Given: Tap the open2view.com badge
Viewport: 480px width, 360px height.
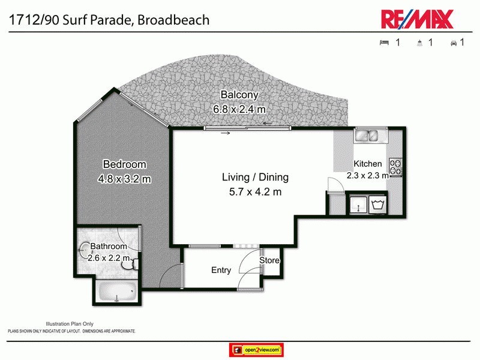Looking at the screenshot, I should point(256,349).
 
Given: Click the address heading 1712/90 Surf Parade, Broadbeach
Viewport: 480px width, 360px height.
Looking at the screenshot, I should point(108,19).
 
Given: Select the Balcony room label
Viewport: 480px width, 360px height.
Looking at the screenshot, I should point(239,95).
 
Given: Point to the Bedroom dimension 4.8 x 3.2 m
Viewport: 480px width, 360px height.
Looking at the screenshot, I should point(124,178).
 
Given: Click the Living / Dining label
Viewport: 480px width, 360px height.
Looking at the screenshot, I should point(255,178).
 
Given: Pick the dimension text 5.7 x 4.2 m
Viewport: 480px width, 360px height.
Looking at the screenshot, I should point(256,192).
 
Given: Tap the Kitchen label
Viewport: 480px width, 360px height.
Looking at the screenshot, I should point(367,164).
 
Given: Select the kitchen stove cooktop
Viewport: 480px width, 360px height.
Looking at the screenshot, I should point(395,167).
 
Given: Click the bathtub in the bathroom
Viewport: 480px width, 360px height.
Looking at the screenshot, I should point(117,293).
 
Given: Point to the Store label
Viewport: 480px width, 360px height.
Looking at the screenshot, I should point(269,260).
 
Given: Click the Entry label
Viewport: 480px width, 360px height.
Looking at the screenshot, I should point(221,270).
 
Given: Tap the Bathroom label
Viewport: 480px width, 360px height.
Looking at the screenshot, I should point(109,247).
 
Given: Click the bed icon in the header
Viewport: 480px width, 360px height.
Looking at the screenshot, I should point(384,43).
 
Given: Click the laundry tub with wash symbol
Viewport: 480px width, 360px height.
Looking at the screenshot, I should point(378,205).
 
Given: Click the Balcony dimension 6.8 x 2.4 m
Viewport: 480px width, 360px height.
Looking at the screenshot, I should point(239,109).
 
